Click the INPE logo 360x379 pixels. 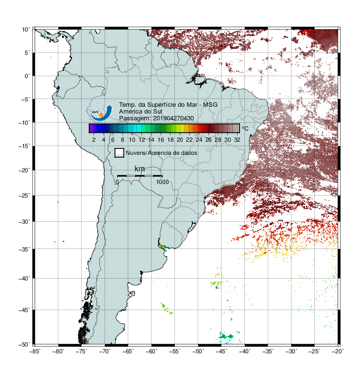(101, 112)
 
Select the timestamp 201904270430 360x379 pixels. (173, 118)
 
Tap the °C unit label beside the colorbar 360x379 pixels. (245, 128)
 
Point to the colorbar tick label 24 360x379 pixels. (199, 140)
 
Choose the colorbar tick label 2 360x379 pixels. (94, 140)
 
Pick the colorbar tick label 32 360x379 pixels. (237, 140)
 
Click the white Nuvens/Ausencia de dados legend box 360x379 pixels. (120, 153)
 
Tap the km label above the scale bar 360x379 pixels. (139, 169)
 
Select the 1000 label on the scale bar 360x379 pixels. (162, 182)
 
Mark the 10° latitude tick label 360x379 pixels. (26, 30)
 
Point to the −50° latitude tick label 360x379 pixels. (24, 345)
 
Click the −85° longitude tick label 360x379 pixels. (35, 351)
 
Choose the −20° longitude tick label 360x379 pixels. (338, 351)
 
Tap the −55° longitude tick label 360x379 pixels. (175, 351)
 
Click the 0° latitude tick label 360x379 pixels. (27, 76)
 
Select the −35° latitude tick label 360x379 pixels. (24, 249)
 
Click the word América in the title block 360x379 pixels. (130, 112)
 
